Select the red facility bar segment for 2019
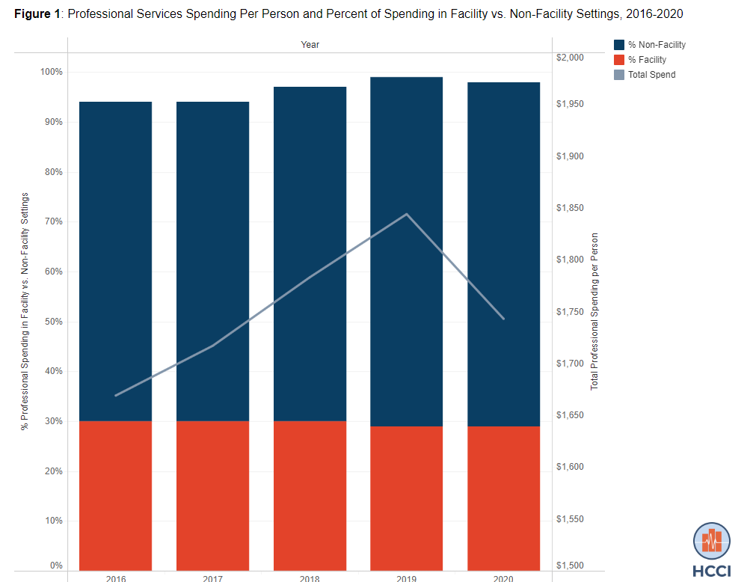(407, 498)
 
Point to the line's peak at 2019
(407, 214)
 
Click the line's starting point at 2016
(115, 395)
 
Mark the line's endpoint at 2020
(504, 319)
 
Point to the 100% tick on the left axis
(52, 72)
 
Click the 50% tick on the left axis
(52, 322)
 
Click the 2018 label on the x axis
(310, 578)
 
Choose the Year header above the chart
(310, 45)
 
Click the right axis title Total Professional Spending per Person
(594, 311)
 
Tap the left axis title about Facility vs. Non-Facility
(25, 311)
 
